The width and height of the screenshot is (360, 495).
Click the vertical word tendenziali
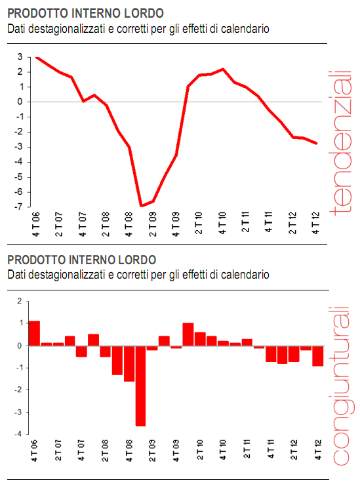pos(340,142)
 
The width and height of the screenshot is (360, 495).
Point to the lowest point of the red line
pos(141,206)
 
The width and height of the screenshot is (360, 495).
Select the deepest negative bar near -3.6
pos(141,386)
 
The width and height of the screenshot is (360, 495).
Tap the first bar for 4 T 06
pos(35,333)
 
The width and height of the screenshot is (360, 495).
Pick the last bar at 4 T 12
pos(318,355)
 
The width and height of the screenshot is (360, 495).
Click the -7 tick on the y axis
pos(21,207)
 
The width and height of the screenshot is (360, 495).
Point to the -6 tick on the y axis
pos(21,191)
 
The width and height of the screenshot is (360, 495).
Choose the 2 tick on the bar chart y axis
pos(20,302)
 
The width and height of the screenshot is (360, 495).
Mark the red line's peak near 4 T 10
pos(223,69)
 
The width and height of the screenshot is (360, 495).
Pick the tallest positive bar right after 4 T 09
pos(188,334)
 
